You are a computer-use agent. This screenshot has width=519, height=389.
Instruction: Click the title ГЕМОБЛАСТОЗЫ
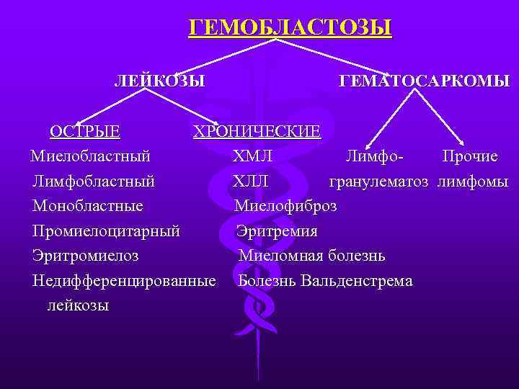(x=290, y=28)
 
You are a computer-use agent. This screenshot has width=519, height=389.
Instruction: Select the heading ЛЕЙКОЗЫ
(x=159, y=80)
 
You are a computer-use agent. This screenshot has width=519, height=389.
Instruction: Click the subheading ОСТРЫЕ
(x=84, y=131)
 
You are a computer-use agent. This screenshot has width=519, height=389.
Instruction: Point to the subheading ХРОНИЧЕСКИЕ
(x=257, y=132)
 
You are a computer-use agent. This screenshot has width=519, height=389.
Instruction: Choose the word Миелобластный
(x=90, y=156)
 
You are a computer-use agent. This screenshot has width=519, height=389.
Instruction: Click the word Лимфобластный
(x=94, y=181)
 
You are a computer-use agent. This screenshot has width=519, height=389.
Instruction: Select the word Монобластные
(x=87, y=206)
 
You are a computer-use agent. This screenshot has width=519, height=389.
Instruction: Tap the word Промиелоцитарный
(x=106, y=231)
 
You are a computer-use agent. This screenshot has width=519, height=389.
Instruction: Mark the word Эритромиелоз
(x=86, y=256)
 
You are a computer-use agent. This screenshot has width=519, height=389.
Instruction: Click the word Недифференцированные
(x=124, y=280)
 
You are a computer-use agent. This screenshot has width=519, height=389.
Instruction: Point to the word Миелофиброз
(x=285, y=206)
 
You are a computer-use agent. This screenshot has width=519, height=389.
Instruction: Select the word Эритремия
(x=277, y=231)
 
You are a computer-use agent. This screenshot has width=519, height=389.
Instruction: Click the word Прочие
(x=470, y=156)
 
